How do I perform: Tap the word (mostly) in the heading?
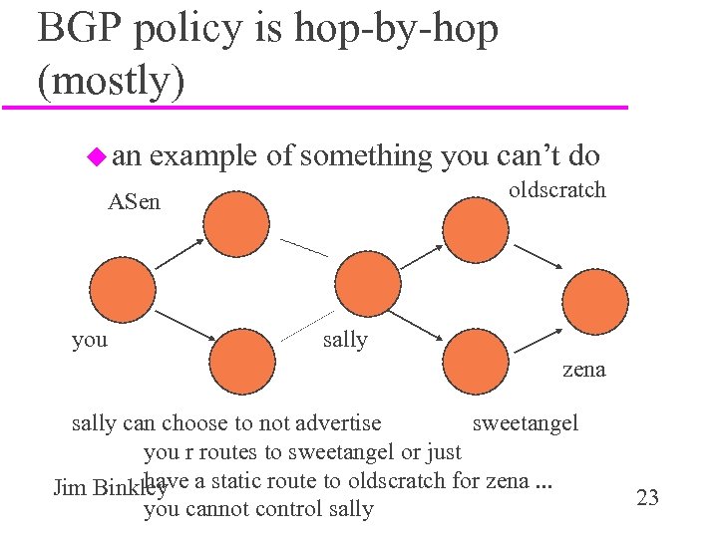(x=110, y=80)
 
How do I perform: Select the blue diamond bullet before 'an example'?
(x=96, y=155)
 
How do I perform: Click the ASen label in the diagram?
(x=135, y=203)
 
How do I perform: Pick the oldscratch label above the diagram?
(x=556, y=189)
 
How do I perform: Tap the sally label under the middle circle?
(x=345, y=340)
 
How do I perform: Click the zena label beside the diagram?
(x=583, y=370)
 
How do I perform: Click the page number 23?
(x=647, y=497)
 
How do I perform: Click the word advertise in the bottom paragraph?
(x=340, y=423)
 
